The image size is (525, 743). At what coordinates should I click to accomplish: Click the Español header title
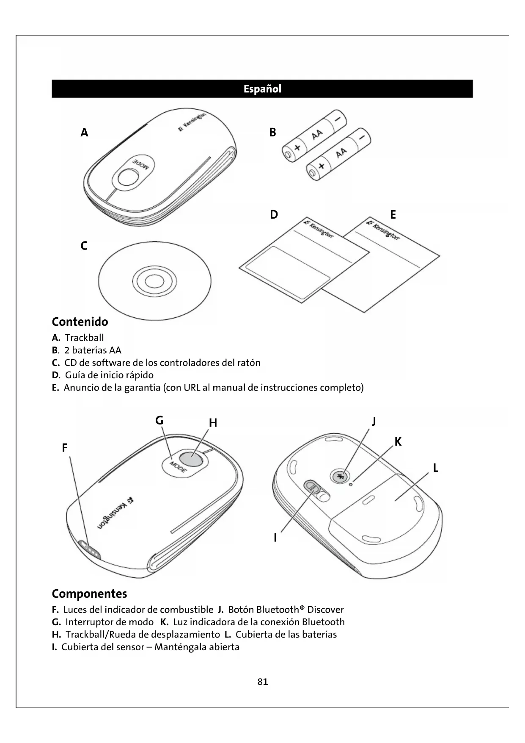click(x=262, y=89)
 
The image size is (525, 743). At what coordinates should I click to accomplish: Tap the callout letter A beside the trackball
click(x=85, y=133)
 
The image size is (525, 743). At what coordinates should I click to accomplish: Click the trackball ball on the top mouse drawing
click(x=127, y=177)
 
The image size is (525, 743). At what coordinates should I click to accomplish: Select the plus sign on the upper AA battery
click(x=297, y=147)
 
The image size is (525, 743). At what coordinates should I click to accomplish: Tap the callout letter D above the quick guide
click(x=274, y=215)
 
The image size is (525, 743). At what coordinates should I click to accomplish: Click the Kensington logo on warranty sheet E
click(x=383, y=230)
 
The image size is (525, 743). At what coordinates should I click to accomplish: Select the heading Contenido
click(x=80, y=322)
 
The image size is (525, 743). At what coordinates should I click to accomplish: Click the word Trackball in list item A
click(x=84, y=338)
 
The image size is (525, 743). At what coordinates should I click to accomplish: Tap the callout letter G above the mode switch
click(x=159, y=421)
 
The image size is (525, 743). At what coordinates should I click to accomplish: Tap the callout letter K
click(x=398, y=442)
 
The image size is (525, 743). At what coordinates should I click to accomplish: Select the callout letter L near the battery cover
click(x=435, y=468)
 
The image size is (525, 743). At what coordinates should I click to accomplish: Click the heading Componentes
click(x=89, y=593)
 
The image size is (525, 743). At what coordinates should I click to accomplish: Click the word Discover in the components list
click(x=325, y=610)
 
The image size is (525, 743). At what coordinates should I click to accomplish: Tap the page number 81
click(x=263, y=682)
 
